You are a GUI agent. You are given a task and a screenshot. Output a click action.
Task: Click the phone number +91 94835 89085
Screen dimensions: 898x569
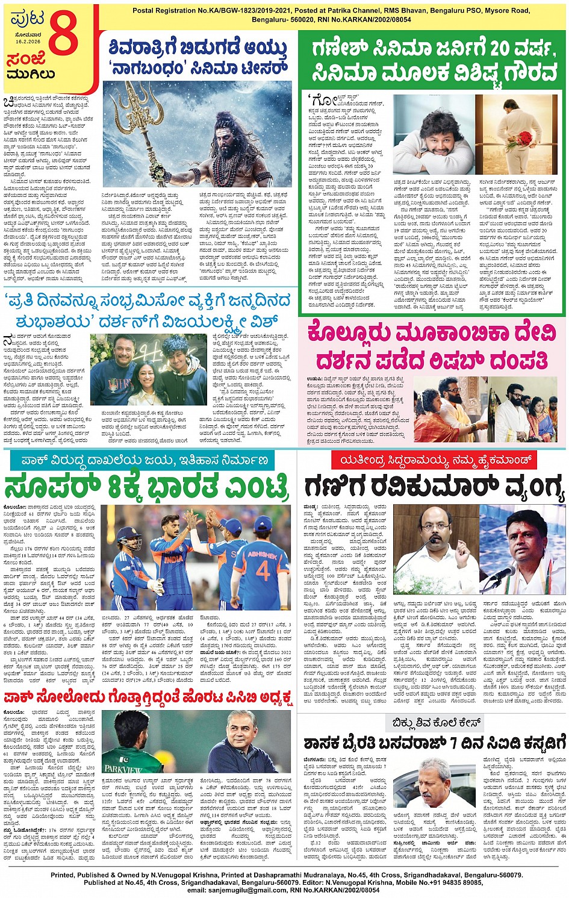coord(450,882)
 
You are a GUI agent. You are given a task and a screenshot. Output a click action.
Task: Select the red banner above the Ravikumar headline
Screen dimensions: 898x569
coord(432,460)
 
